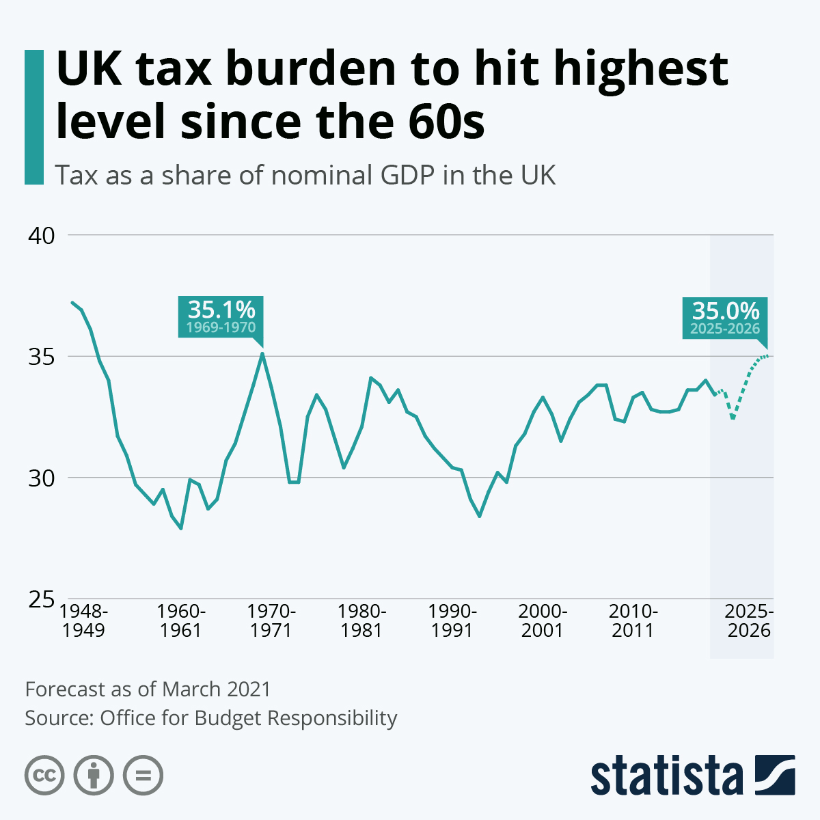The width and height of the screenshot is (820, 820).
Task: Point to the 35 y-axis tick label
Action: click(x=40, y=357)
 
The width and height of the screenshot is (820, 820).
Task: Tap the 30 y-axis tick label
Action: click(x=40, y=478)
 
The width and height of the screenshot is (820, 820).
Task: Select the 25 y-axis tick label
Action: click(x=40, y=599)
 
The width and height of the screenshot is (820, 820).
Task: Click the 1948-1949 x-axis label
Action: click(x=84, y=620)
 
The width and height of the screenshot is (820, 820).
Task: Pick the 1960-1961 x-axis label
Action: click(x=181, y=620)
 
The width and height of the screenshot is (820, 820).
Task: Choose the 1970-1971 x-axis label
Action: click(x=271, y=620)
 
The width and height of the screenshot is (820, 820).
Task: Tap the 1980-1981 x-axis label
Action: click(x=361, y=620)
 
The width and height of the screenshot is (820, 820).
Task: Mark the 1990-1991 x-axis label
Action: click(x=452, y=620)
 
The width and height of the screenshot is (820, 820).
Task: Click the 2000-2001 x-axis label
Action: click(x=543, y=620)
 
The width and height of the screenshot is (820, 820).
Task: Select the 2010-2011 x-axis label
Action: click(x=633, y=620)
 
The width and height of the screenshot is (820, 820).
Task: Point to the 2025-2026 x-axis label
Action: click(x=749, y=620)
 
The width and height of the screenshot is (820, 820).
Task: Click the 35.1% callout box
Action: click(x=221, y=317)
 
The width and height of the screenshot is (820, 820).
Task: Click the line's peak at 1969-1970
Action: click(x=262, y=353)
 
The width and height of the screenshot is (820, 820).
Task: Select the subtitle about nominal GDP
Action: click(x=305, y=175)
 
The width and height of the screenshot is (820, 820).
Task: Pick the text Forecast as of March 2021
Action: click(x=148, y=689)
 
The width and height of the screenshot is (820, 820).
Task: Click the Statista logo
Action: click(x=692, y=775)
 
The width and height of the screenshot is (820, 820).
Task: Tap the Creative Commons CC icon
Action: click(x=44, y=776)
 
